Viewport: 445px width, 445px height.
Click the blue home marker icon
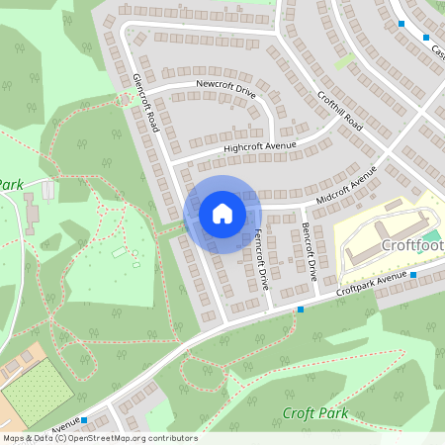point(222,213)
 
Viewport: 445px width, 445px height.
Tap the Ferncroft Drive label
point(262,259)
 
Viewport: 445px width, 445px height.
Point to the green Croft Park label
point(315,413)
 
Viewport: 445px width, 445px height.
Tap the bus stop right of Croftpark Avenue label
point(413,274)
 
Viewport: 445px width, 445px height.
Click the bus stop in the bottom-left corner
point(84,419)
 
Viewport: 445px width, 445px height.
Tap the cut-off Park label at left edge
point(10,184)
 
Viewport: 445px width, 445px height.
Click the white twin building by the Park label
point(47,189)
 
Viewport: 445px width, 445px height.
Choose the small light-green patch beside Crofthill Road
point(344,61)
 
